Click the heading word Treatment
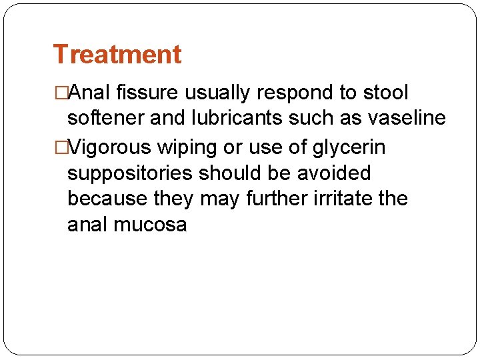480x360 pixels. tap(117, 54)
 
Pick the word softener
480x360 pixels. tap(106, 119)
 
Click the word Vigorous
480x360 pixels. tap(109, 146)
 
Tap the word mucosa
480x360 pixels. tap(151, 225)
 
